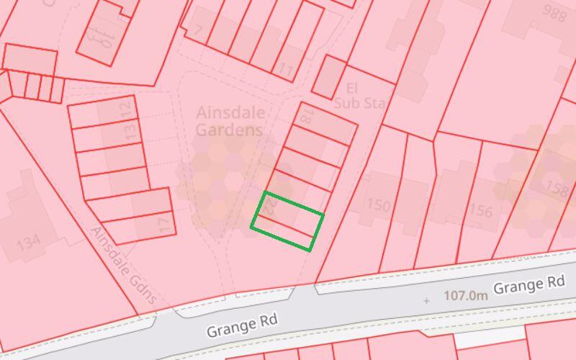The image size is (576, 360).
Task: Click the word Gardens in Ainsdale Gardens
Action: coord(230,130)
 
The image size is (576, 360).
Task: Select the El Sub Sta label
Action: coord(359,96)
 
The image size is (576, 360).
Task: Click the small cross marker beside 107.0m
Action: coord(427,300)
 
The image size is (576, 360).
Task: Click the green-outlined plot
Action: coord(287,222)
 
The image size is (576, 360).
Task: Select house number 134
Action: coord(28,243)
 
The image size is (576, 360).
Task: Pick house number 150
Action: coord(378,205)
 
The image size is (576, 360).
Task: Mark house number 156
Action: coord(481,211)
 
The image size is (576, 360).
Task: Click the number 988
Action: coord(554,14)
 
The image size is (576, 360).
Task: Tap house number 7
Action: coord(198,30)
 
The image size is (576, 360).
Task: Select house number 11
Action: coord(287,71)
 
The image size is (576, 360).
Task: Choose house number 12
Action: coord(127,109)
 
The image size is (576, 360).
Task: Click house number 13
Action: coord(130,131)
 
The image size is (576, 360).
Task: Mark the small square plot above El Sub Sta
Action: coord(330,76)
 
